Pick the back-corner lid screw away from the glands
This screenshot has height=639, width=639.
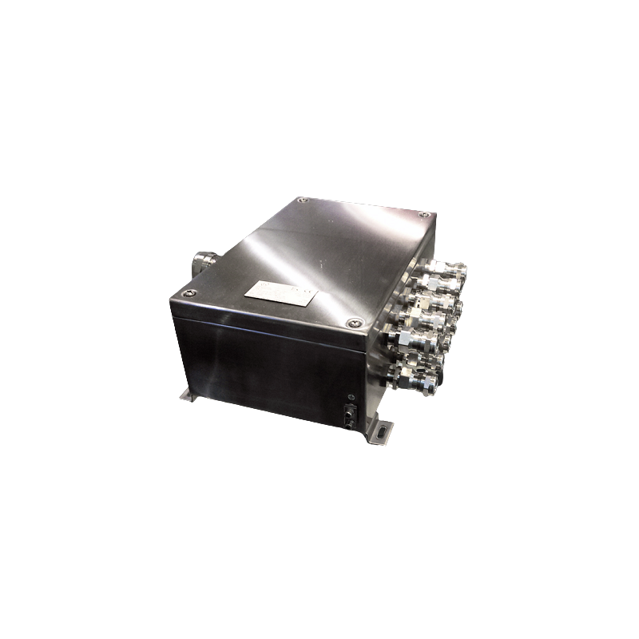click(x=300, y=200)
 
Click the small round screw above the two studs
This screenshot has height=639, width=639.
click(x=351, y=397)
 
